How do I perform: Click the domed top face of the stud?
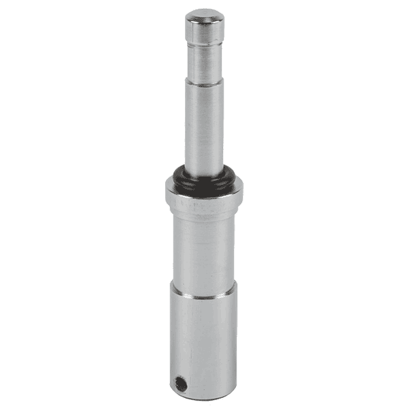coord(204,14)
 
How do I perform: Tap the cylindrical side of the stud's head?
coord(204,29)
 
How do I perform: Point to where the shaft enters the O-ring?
coord(204,170)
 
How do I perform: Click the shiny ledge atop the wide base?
coord(204,294)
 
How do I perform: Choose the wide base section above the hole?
coord(204,333)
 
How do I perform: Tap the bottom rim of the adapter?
coord(204,397)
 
